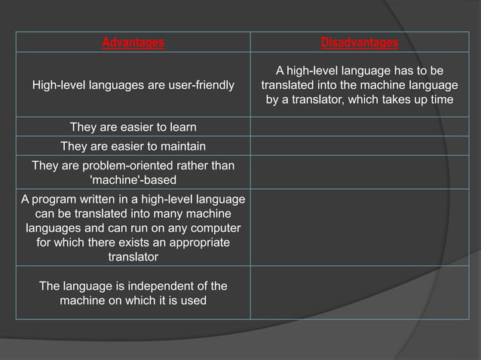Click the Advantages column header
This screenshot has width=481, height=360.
[133, 42]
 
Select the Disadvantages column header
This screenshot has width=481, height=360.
[359, 42]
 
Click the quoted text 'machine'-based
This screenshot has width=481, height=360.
[133, 180]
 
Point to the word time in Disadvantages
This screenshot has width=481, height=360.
[441, 99]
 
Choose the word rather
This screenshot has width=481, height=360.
[195, 165]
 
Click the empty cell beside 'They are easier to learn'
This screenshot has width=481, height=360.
[359, 127]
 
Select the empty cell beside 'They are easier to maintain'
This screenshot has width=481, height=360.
[359, 146]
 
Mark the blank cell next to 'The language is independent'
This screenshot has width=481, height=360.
[359, 293]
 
